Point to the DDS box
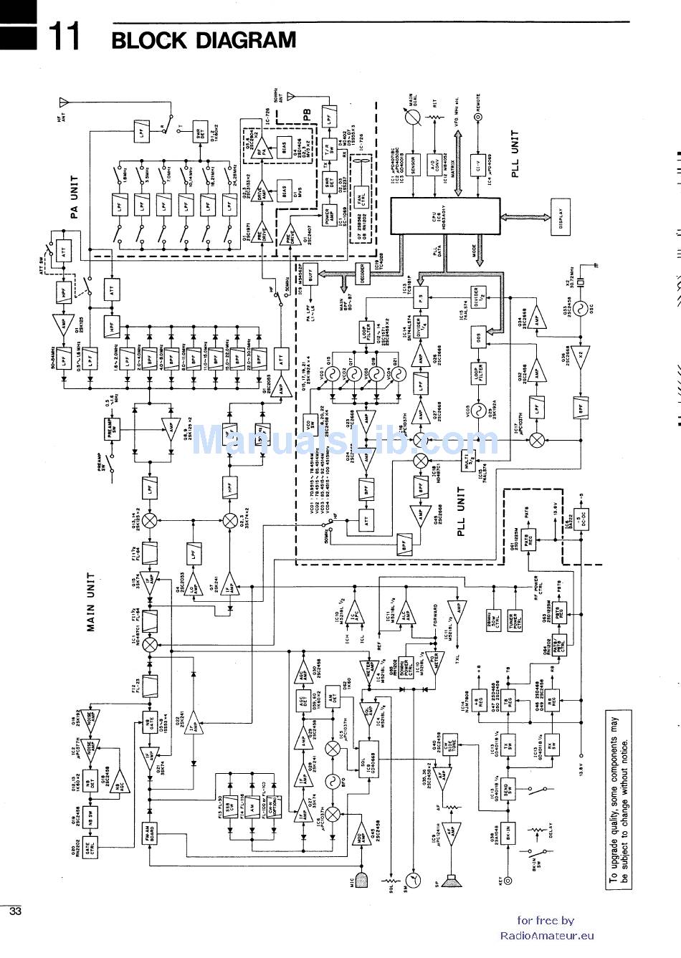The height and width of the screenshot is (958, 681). [x=477, y=336]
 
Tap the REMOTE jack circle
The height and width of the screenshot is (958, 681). [x=477, y=115]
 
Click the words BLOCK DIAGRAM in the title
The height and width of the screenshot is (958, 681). [x=204, y=41]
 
